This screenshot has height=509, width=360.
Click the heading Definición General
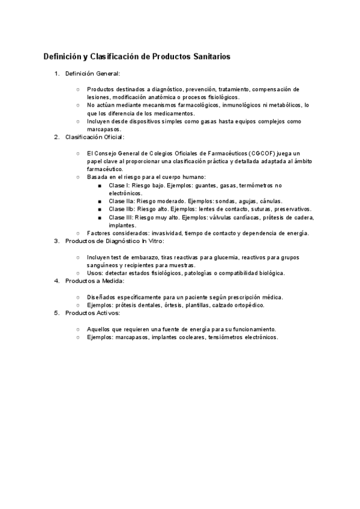(x=93, y=74)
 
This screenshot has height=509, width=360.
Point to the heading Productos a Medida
(x=94, y=280)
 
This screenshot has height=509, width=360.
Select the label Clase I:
(x=119, y=185)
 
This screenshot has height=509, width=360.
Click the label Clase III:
(x=121, y=217)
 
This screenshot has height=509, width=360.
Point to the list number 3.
(x=57, y=241)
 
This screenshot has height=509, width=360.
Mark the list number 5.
(x=57, y=313)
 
